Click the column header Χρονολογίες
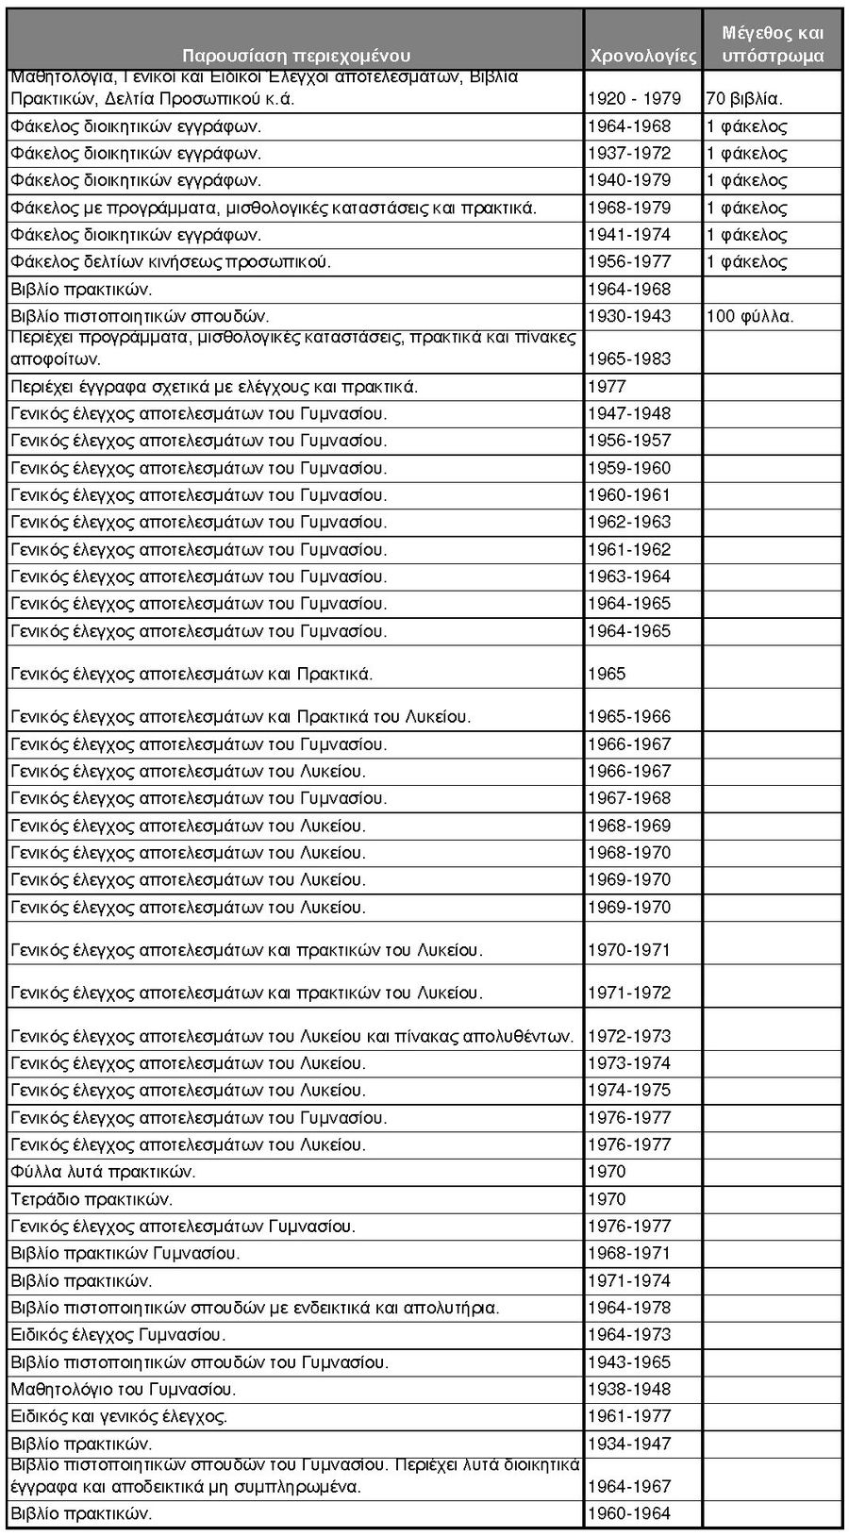click(x=642, y=56)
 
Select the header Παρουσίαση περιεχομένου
click(x=296, y=56)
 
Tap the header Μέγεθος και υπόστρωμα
click(x=773, y=44)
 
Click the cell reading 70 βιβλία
click(x=745, y=98)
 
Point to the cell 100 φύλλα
click(x=750, y=316)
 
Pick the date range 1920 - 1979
click(x=634, y=98)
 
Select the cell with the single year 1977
click(x=607, y=386)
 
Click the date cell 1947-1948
click(x=629, y=413)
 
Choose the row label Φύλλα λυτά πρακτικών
click(x=104, y=1172)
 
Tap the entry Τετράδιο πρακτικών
click(x=92, y=1199)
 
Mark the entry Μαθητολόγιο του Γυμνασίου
click(x=124, y=1389)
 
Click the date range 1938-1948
click(x=629, y=1389)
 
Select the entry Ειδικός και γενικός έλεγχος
click(x=119, y=1416)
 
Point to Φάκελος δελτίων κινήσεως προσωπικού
click(x=171, y=261)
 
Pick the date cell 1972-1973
click(x=629, y=1036)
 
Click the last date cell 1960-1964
click(x=629, y=1513)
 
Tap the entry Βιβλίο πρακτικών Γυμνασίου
click(x=125, y=1253)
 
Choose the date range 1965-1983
click(x=629, y=359)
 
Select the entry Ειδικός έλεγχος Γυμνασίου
click(x=118, y=1334)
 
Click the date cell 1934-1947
click(x=629, y=1444)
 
